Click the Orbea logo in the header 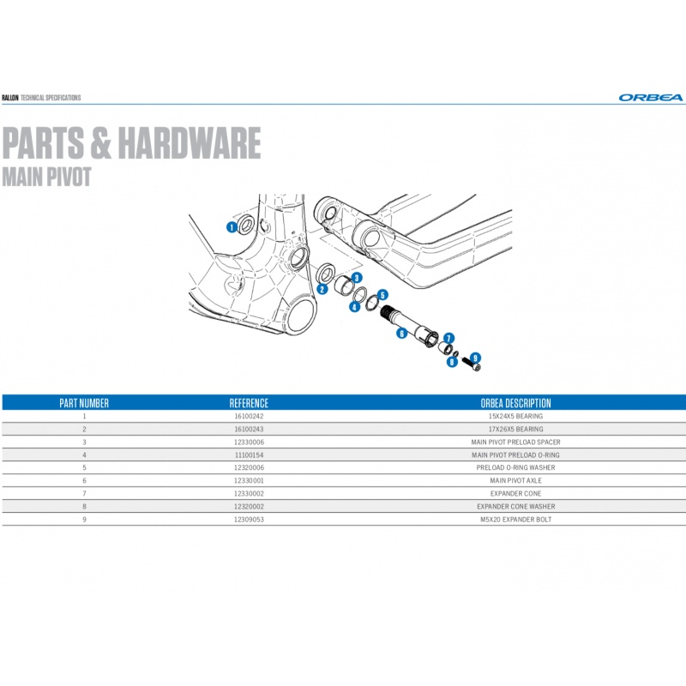(x=651, y=98)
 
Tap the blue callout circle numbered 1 (x=232, y=227)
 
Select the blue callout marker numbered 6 (x=401, y=334)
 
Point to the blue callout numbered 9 (x=475, y=358)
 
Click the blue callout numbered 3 (x=357, y=278)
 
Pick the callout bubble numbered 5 (x=382, y=295)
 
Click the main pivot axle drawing (x=409, y=325)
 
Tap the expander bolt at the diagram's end (x=472, y=364)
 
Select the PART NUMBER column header (x=84, y=403)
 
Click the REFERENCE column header (x=249, y=403)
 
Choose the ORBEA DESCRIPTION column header (x=516, y=403)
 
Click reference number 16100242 (x=249, y=416)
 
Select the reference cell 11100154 (x=249, y=455)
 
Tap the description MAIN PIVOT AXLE (x=516, y=480)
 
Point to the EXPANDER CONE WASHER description (x=516, y=506)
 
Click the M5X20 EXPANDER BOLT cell (x=516, y=520)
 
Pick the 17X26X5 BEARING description (x=516, y=430)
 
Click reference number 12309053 (x=249, y=520)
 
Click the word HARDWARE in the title (x=190, y=142)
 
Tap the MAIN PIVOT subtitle (x=46, y=177)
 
